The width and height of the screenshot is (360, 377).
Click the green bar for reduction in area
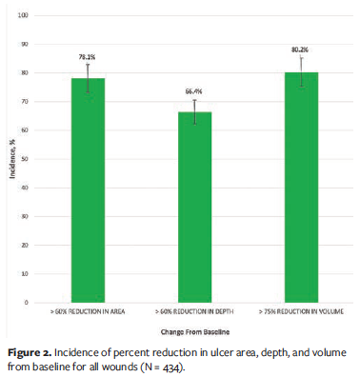tap(88, 190)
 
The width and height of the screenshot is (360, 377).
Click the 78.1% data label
tap(88, 57)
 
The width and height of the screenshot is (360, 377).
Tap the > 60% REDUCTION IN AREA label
tap(88, 310)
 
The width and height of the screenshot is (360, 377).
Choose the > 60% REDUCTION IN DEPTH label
tap(193, 310)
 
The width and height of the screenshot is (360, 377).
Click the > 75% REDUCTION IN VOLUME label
tap(298, 310)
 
